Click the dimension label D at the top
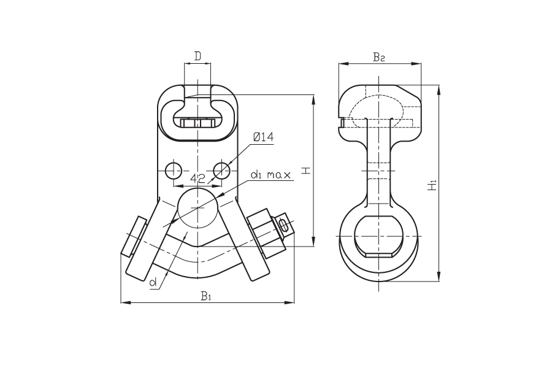(x=198, y=56)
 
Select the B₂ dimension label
(x=379, y=57)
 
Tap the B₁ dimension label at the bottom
(x=206, y=296)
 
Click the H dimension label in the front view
(x=307, y=171)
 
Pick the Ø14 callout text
(x=263, y=137)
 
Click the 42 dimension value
(x=198, y=178)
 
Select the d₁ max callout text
(x=270, y=175)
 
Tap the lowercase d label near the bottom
(x=153, y=282)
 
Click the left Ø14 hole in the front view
(x=174, y=171)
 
